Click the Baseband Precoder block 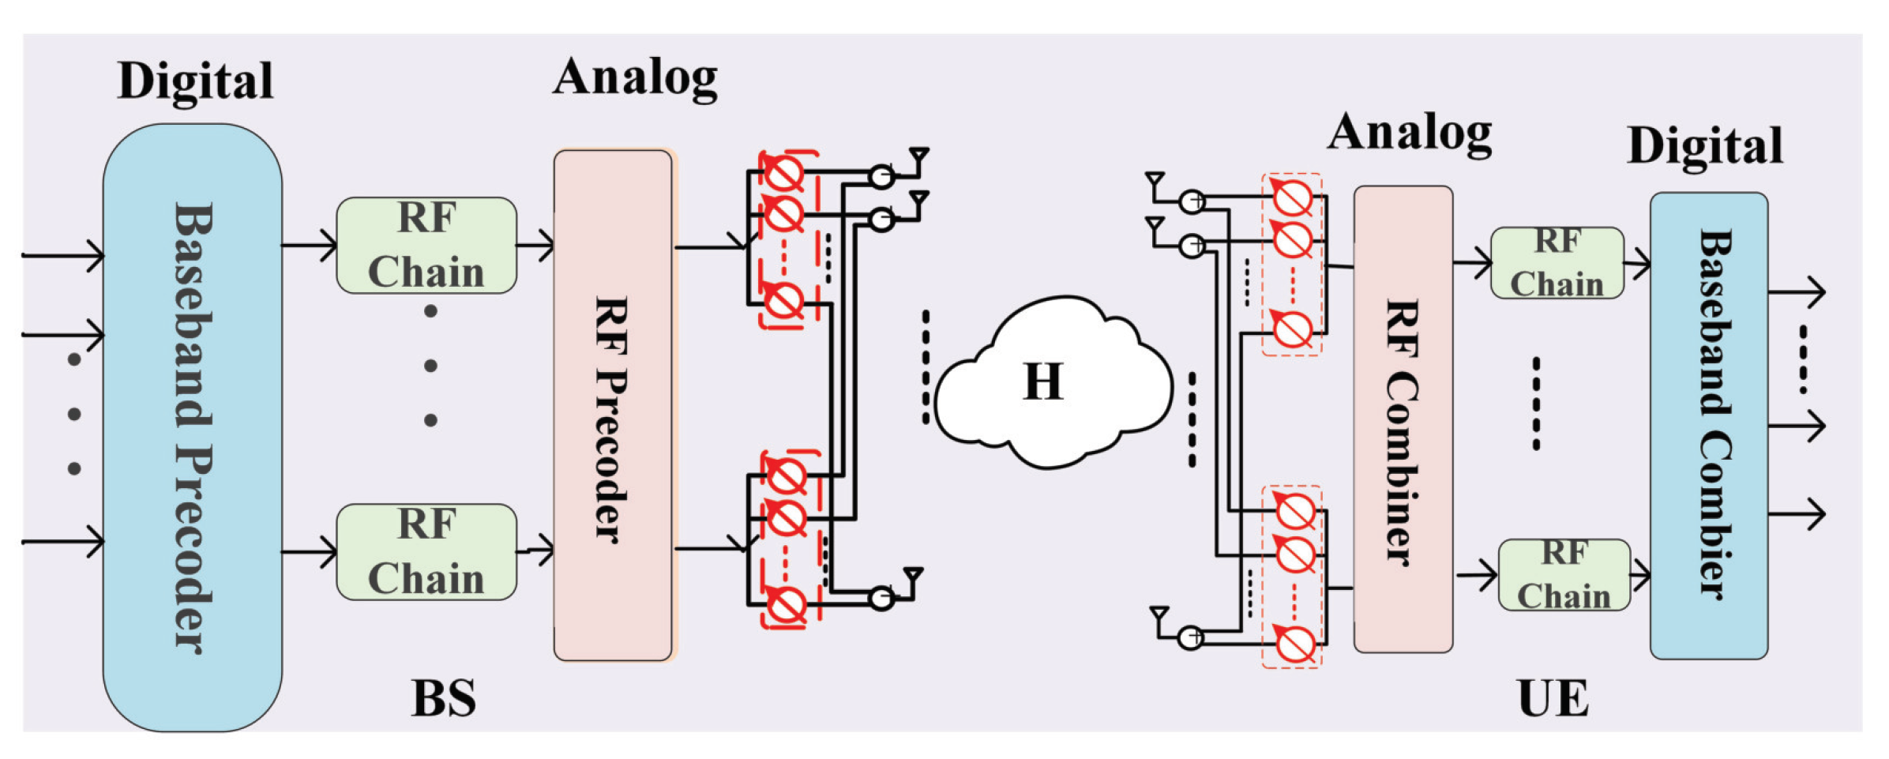[192, 426]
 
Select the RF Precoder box [613, 405]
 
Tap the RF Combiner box [1403, 419]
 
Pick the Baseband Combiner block [1708, 425]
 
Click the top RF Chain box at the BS [426, 246]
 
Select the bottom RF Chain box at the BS [426, 552]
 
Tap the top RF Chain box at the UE [1557, 263]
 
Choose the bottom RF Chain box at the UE [1564, 575]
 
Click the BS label [443, 698]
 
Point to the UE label [1553, 698]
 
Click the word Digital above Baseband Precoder [195, 81]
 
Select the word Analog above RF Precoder [635, 79]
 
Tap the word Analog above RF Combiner [1410, 133]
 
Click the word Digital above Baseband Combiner [1705, 146]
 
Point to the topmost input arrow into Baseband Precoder [63, 255]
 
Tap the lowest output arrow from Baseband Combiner [1797, 514]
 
